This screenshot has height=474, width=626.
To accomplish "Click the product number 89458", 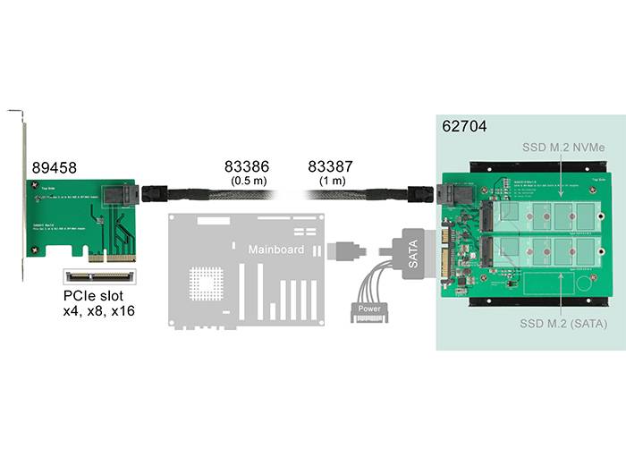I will click(x=54, y=167).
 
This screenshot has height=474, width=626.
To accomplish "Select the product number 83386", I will click(x=246, y=166).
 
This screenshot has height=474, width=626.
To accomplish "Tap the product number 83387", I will click(x=330, y=166).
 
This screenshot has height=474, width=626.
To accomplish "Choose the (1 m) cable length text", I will click(x=330, y=181).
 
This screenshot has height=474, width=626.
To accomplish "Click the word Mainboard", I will click(x=275, y=249).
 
